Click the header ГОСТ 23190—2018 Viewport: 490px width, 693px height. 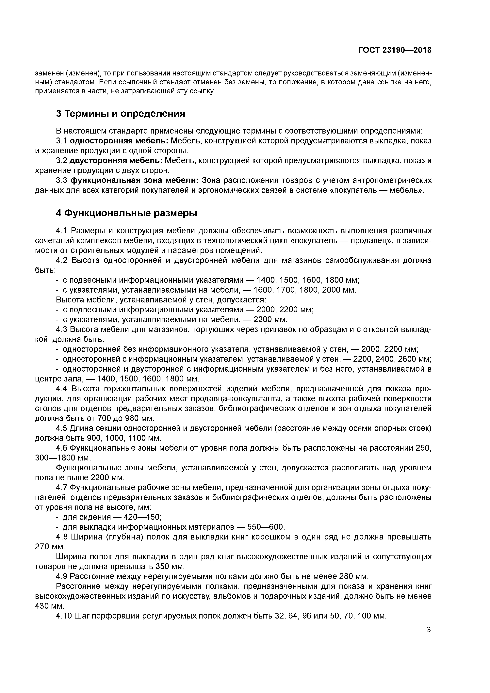pos(395,50)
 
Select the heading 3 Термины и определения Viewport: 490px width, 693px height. pos(120,114)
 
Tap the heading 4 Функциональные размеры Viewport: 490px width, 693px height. pos(126,213)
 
